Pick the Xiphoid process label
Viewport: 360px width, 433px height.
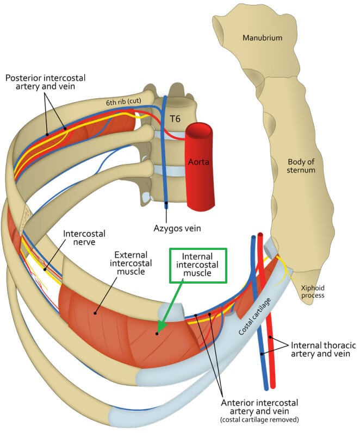pos(311,291)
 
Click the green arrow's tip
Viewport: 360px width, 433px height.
pos(158,331)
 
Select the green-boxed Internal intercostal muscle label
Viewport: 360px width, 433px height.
pos(197,265)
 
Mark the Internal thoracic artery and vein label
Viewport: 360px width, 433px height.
pos(321,349)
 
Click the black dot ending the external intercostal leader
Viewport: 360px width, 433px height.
pos(96,312)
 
